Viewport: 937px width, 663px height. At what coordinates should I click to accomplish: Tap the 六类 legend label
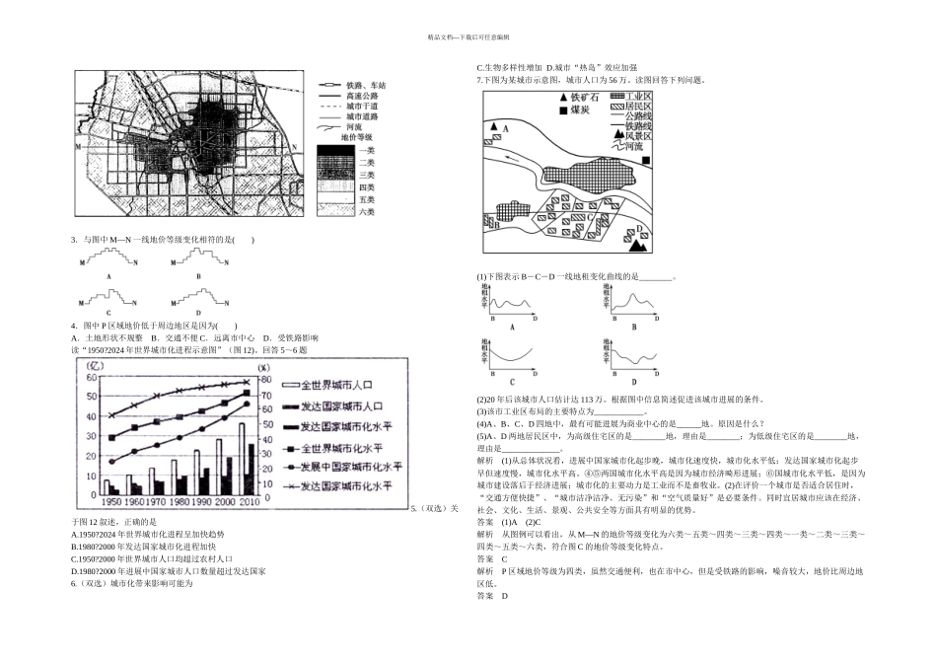[367, 212]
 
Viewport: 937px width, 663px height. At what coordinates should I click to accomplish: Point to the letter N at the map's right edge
[295, 145]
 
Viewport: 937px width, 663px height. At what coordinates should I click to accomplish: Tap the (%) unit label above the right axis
[263, 367]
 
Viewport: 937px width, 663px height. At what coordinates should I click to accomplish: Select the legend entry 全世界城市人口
[335, 386]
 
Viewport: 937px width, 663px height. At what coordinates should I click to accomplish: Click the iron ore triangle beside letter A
[494, 128]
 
